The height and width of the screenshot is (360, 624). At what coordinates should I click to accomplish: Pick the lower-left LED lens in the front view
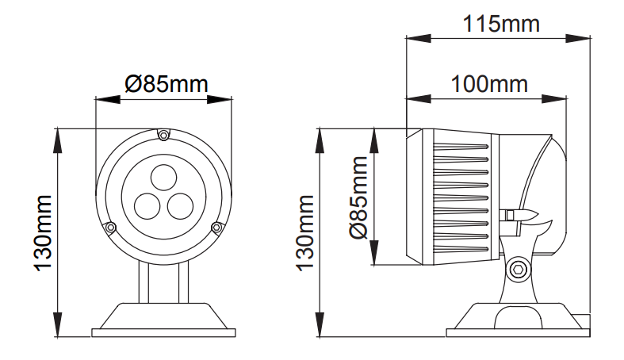(x=148, y=206)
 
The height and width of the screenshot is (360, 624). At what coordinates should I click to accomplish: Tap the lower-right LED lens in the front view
(x=178, y=205)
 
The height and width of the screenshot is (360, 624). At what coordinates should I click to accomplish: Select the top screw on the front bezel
(x=163, y=136)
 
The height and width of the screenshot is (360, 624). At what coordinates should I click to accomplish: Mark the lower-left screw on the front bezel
(x=112, y=228)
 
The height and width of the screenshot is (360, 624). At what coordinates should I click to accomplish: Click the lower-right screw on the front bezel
(x=215, y=228)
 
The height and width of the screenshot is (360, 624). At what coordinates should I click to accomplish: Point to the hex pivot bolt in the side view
(x=519, y=270)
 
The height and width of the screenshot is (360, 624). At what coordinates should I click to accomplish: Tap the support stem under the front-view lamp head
(x=163, y=281)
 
